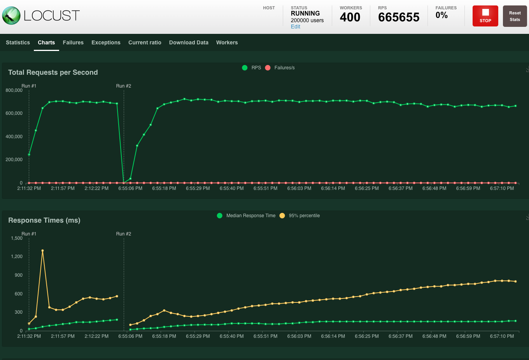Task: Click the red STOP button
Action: pyautogui.click(x=485, y=16)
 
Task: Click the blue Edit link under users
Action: pyautogui.click(x=296, y=27)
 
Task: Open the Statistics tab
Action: pyautogui.click(x=18, y=42)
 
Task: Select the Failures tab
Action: pyautogui.click(x=73, y=42)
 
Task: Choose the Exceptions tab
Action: pyautogui.click(x=106, y=42)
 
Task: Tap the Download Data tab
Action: pyautogui.click(x=189, y=42)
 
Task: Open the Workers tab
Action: pyautogui.click(x=227, y=42)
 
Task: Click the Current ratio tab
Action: pyautogui.click(x=145, y=42)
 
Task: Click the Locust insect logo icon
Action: pyautogui.click(x=11, y=16)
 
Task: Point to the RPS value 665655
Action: pyautogui.click(x=399, y=17)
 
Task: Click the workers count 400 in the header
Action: pyautogui.click(x=350, y=17)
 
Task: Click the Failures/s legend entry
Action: pyautogui.click(x=280, y=68)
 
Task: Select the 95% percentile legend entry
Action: pyautogui.click(x=300, y=216)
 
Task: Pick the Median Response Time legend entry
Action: pyautogui.click(x=246, y=216)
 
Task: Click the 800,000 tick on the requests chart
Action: pyautogui.click(x=14, y=90)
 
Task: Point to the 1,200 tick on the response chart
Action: pyautogui.click(x=17, y=256)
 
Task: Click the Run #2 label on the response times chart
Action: pyautogui.click(x=124, y=234)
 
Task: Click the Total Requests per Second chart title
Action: pyautogui.click(x=53, y=72)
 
